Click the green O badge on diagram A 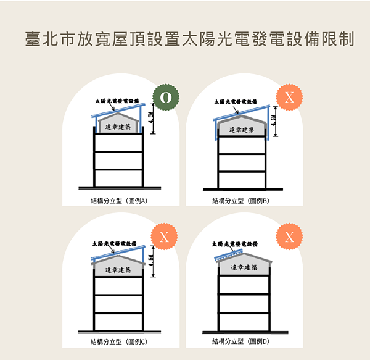click(x=165, y=98)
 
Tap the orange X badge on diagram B click(x=290, y=98)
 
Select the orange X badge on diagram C click(x=165, y=237)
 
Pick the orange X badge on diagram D click(x=290, y=237)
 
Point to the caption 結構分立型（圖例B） click(x=241, y=201)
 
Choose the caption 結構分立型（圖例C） click(x=118, y=341)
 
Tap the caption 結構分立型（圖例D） click(x=241, y=341)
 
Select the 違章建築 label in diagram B click(x=242, y=130)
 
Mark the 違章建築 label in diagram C click(x=118, y=270)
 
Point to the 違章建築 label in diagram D click(x=243, y=267)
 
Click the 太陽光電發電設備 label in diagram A click(x=117, y=100)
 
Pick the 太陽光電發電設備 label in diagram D click(x=234, y=245)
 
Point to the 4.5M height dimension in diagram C click(x=151, y=261)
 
